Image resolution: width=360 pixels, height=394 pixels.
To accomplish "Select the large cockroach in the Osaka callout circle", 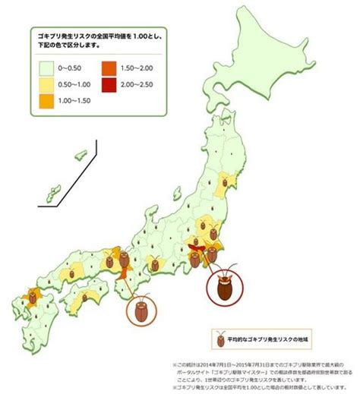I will pos(141,310).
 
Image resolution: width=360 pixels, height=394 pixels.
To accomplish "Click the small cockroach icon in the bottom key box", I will pos(219,332).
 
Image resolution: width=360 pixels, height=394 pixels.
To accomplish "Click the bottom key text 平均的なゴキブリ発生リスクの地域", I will pos(272,333).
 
